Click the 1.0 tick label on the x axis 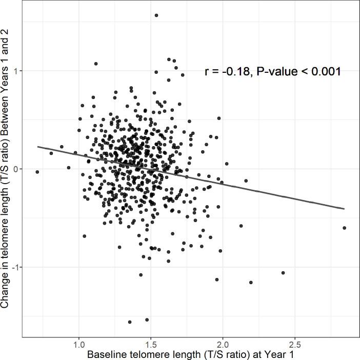79,342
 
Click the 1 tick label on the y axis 17,71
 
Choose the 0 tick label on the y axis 17,169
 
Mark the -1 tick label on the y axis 16,267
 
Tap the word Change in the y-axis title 6,290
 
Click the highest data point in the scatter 156,15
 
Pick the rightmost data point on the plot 344,228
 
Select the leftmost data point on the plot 37,172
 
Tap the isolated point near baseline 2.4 283,273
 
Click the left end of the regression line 37,147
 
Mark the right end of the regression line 344,209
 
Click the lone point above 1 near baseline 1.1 96,64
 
